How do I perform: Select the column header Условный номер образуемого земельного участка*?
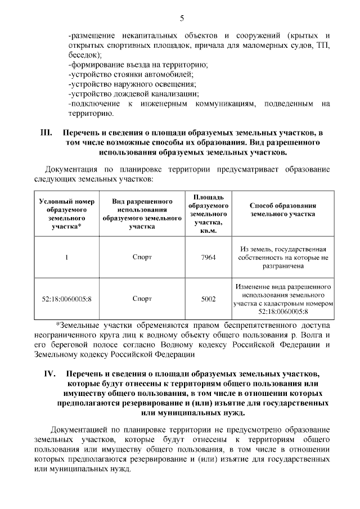click(x=66, y=214)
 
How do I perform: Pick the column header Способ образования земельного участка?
click(x=282, y=210)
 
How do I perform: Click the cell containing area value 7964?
click(x=208, y=258)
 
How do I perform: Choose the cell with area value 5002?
click(x=208, y=299)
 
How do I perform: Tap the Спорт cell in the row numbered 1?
click(x=142, y=258)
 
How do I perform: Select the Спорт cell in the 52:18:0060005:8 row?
click(x=142, y=299)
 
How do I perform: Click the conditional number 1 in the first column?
click(x=66, y=258)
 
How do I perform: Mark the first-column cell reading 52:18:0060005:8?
click(x=66, y=299)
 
